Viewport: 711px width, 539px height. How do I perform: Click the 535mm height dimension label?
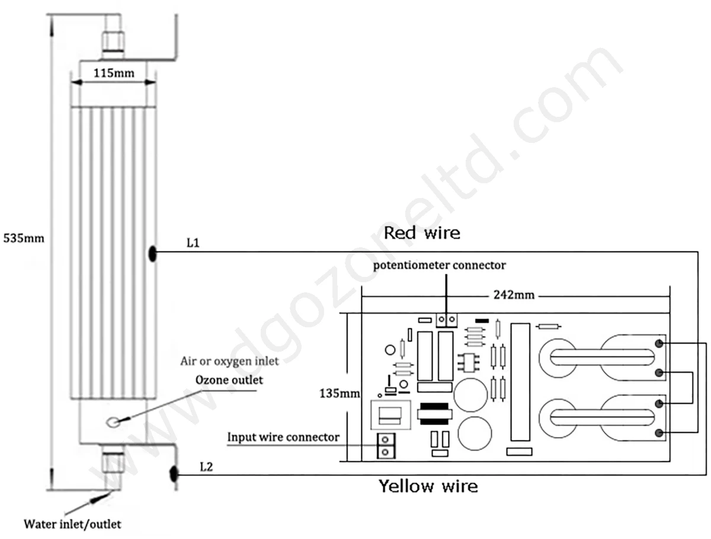24,238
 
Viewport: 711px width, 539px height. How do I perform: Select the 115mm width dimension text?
114,74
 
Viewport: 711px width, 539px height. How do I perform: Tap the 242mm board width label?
514,295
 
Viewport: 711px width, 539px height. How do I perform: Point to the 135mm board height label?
340,394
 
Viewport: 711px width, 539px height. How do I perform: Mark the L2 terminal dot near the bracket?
174,474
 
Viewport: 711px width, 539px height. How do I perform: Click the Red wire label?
422,233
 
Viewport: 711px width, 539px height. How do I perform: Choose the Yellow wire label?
428,486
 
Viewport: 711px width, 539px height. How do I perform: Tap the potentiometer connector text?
439,266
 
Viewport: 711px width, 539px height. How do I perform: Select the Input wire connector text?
283,437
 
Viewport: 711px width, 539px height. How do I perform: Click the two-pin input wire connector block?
386,446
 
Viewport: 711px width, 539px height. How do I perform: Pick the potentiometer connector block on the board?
447,320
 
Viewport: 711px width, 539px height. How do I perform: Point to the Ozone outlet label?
229,380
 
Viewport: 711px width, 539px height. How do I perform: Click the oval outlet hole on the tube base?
113,422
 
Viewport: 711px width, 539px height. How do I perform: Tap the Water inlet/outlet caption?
72,524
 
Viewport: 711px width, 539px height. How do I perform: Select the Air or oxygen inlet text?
229,361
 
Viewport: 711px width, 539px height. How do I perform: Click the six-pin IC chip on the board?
469,362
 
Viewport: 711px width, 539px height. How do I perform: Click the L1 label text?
193,243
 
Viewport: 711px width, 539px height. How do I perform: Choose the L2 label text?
206,467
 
